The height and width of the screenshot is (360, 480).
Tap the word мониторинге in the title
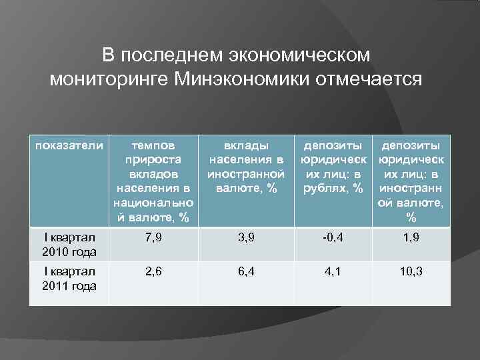[x=107, y=80]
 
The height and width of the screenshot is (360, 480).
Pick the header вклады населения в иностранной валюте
[x=246, y=167]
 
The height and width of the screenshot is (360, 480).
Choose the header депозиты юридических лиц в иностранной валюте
[x=411, y=181]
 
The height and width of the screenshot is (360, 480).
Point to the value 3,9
[x=246, y=238]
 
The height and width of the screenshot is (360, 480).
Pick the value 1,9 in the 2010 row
[x=411, y=238]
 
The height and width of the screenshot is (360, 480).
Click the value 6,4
[x=246, y=272]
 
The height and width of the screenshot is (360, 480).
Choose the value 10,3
[x=411, y=272]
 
